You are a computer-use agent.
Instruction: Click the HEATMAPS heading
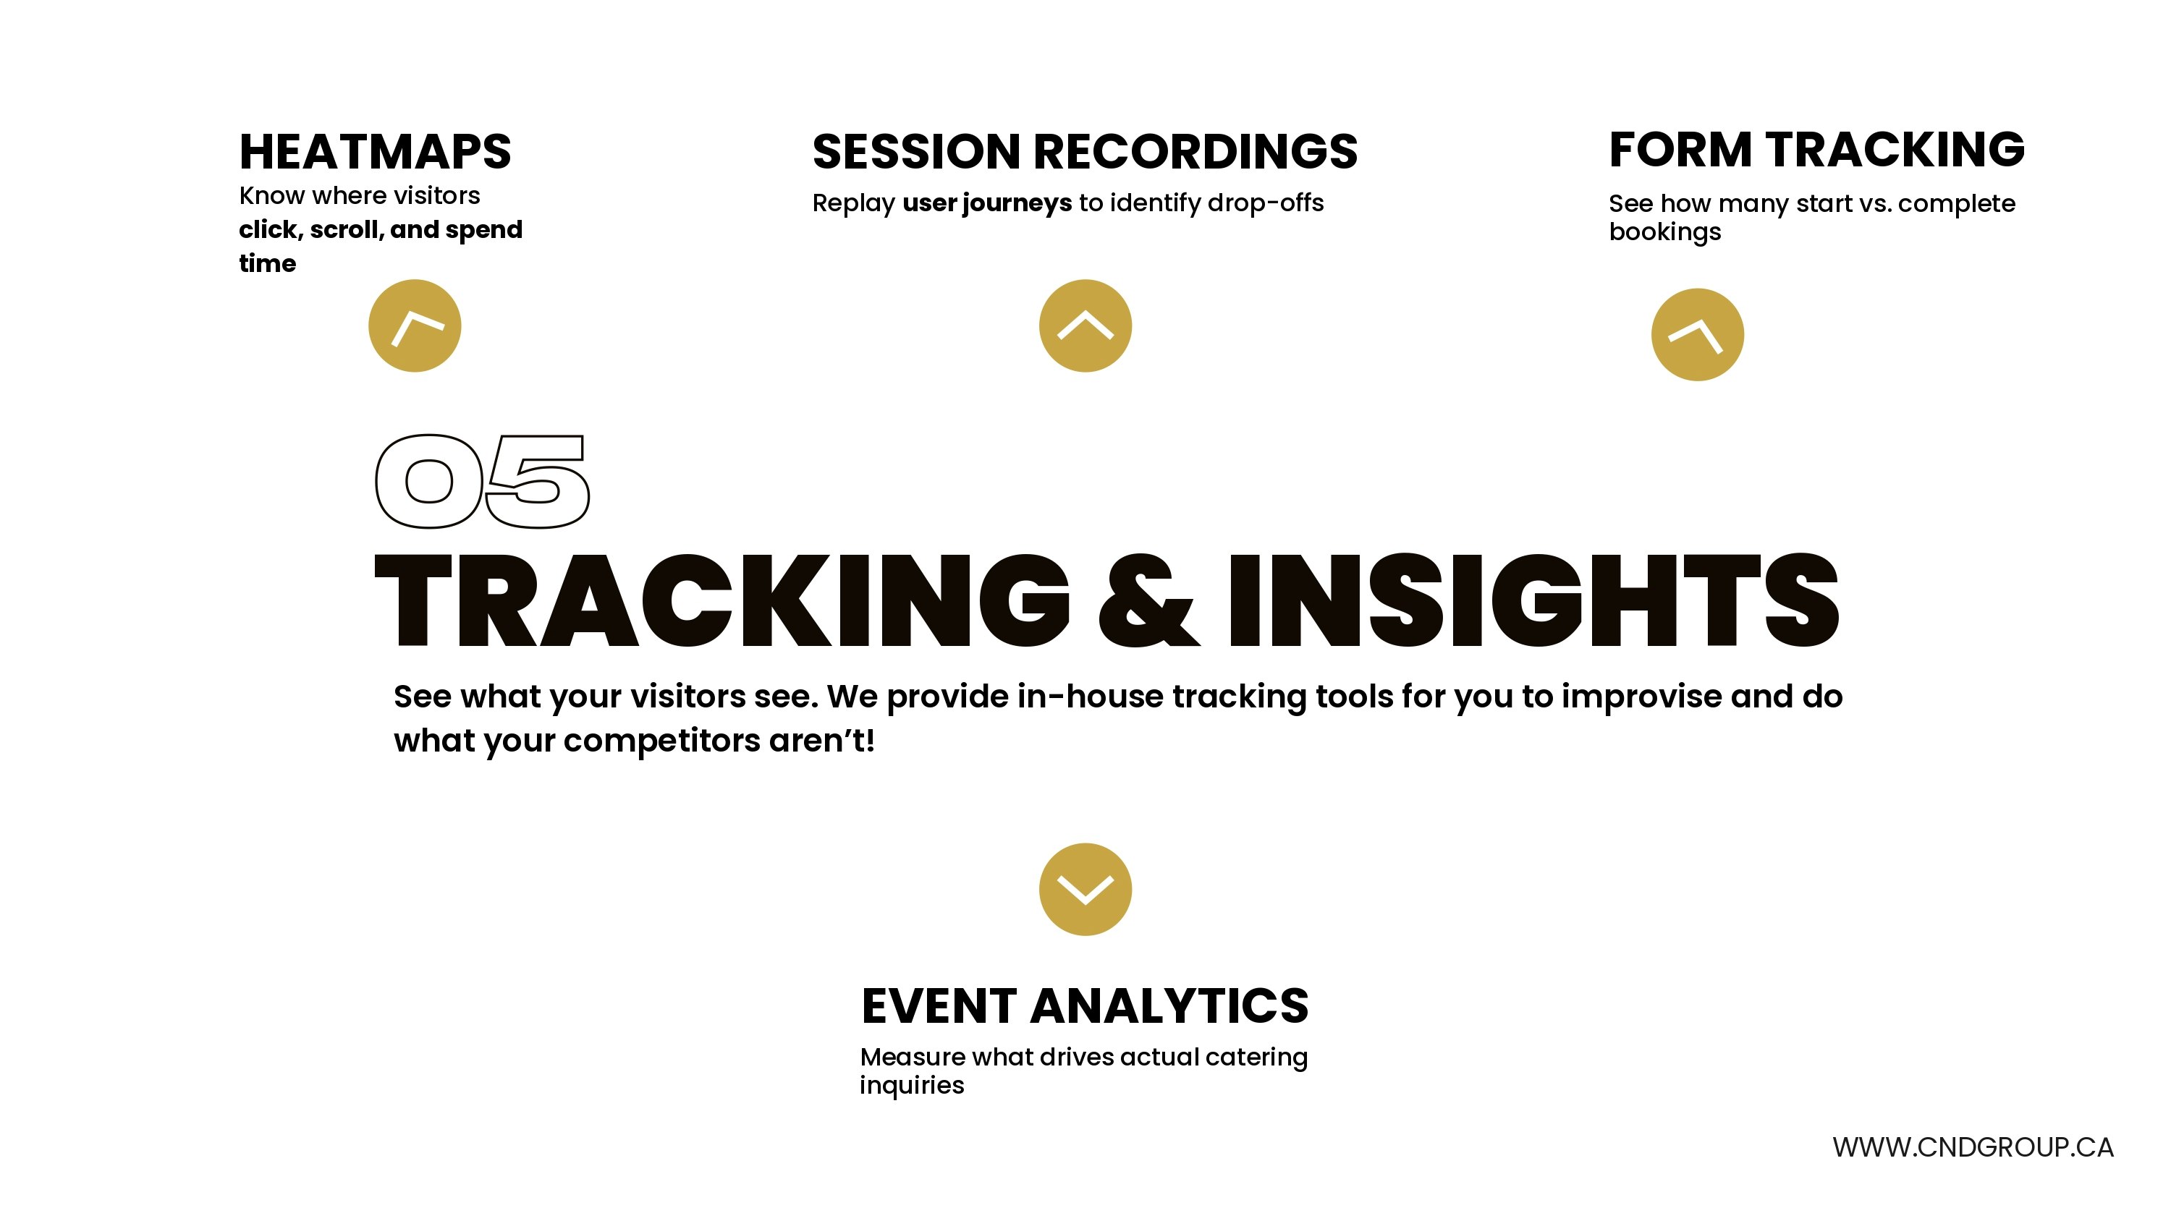pos(375,152)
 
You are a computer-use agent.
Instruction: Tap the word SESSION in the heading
pos(916,152)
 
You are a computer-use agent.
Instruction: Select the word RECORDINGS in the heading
pos(1195,152)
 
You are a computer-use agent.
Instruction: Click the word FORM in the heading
pos(1680,149)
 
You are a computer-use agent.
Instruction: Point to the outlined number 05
pos(482,482)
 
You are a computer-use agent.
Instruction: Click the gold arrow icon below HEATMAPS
pos(415,326)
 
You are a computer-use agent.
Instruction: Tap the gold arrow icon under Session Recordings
pos(1085,326)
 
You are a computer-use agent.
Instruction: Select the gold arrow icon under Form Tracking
pos(1697,334)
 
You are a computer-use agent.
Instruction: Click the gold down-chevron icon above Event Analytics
pos(1085,890)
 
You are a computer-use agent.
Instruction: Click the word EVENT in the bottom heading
pos(938,1006)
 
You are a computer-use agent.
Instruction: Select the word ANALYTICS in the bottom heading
pos(1169,1006)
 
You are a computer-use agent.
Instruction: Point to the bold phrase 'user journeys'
pos(987,204)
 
